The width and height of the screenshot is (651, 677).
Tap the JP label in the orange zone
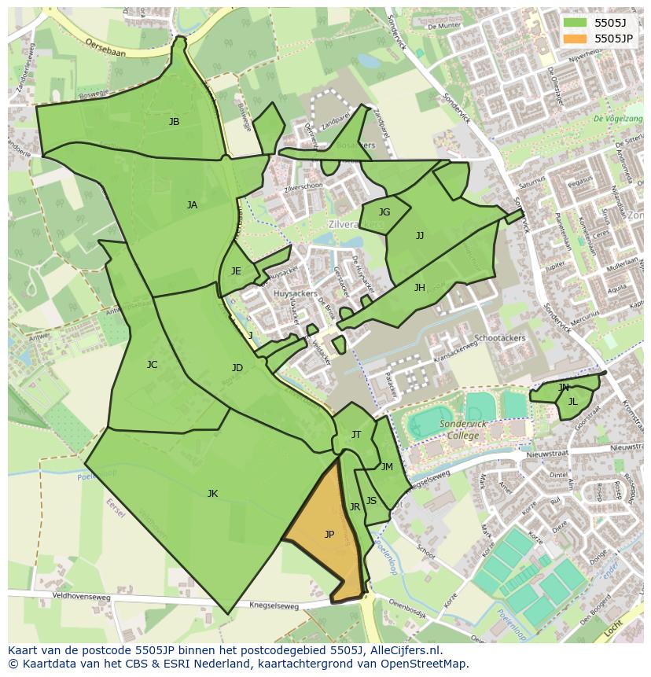329,535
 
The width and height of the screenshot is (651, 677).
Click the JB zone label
174,122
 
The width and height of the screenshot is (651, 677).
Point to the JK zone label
212,494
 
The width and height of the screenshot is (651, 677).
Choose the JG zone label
384,212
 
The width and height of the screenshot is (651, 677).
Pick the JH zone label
420,288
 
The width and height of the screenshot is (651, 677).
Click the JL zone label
572,402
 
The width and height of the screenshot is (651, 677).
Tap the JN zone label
563,388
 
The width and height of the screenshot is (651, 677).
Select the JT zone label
356,435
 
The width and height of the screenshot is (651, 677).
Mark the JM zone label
387,467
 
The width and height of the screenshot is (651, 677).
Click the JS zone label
371,501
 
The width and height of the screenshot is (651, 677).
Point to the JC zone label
152,365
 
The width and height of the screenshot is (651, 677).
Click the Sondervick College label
463,429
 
